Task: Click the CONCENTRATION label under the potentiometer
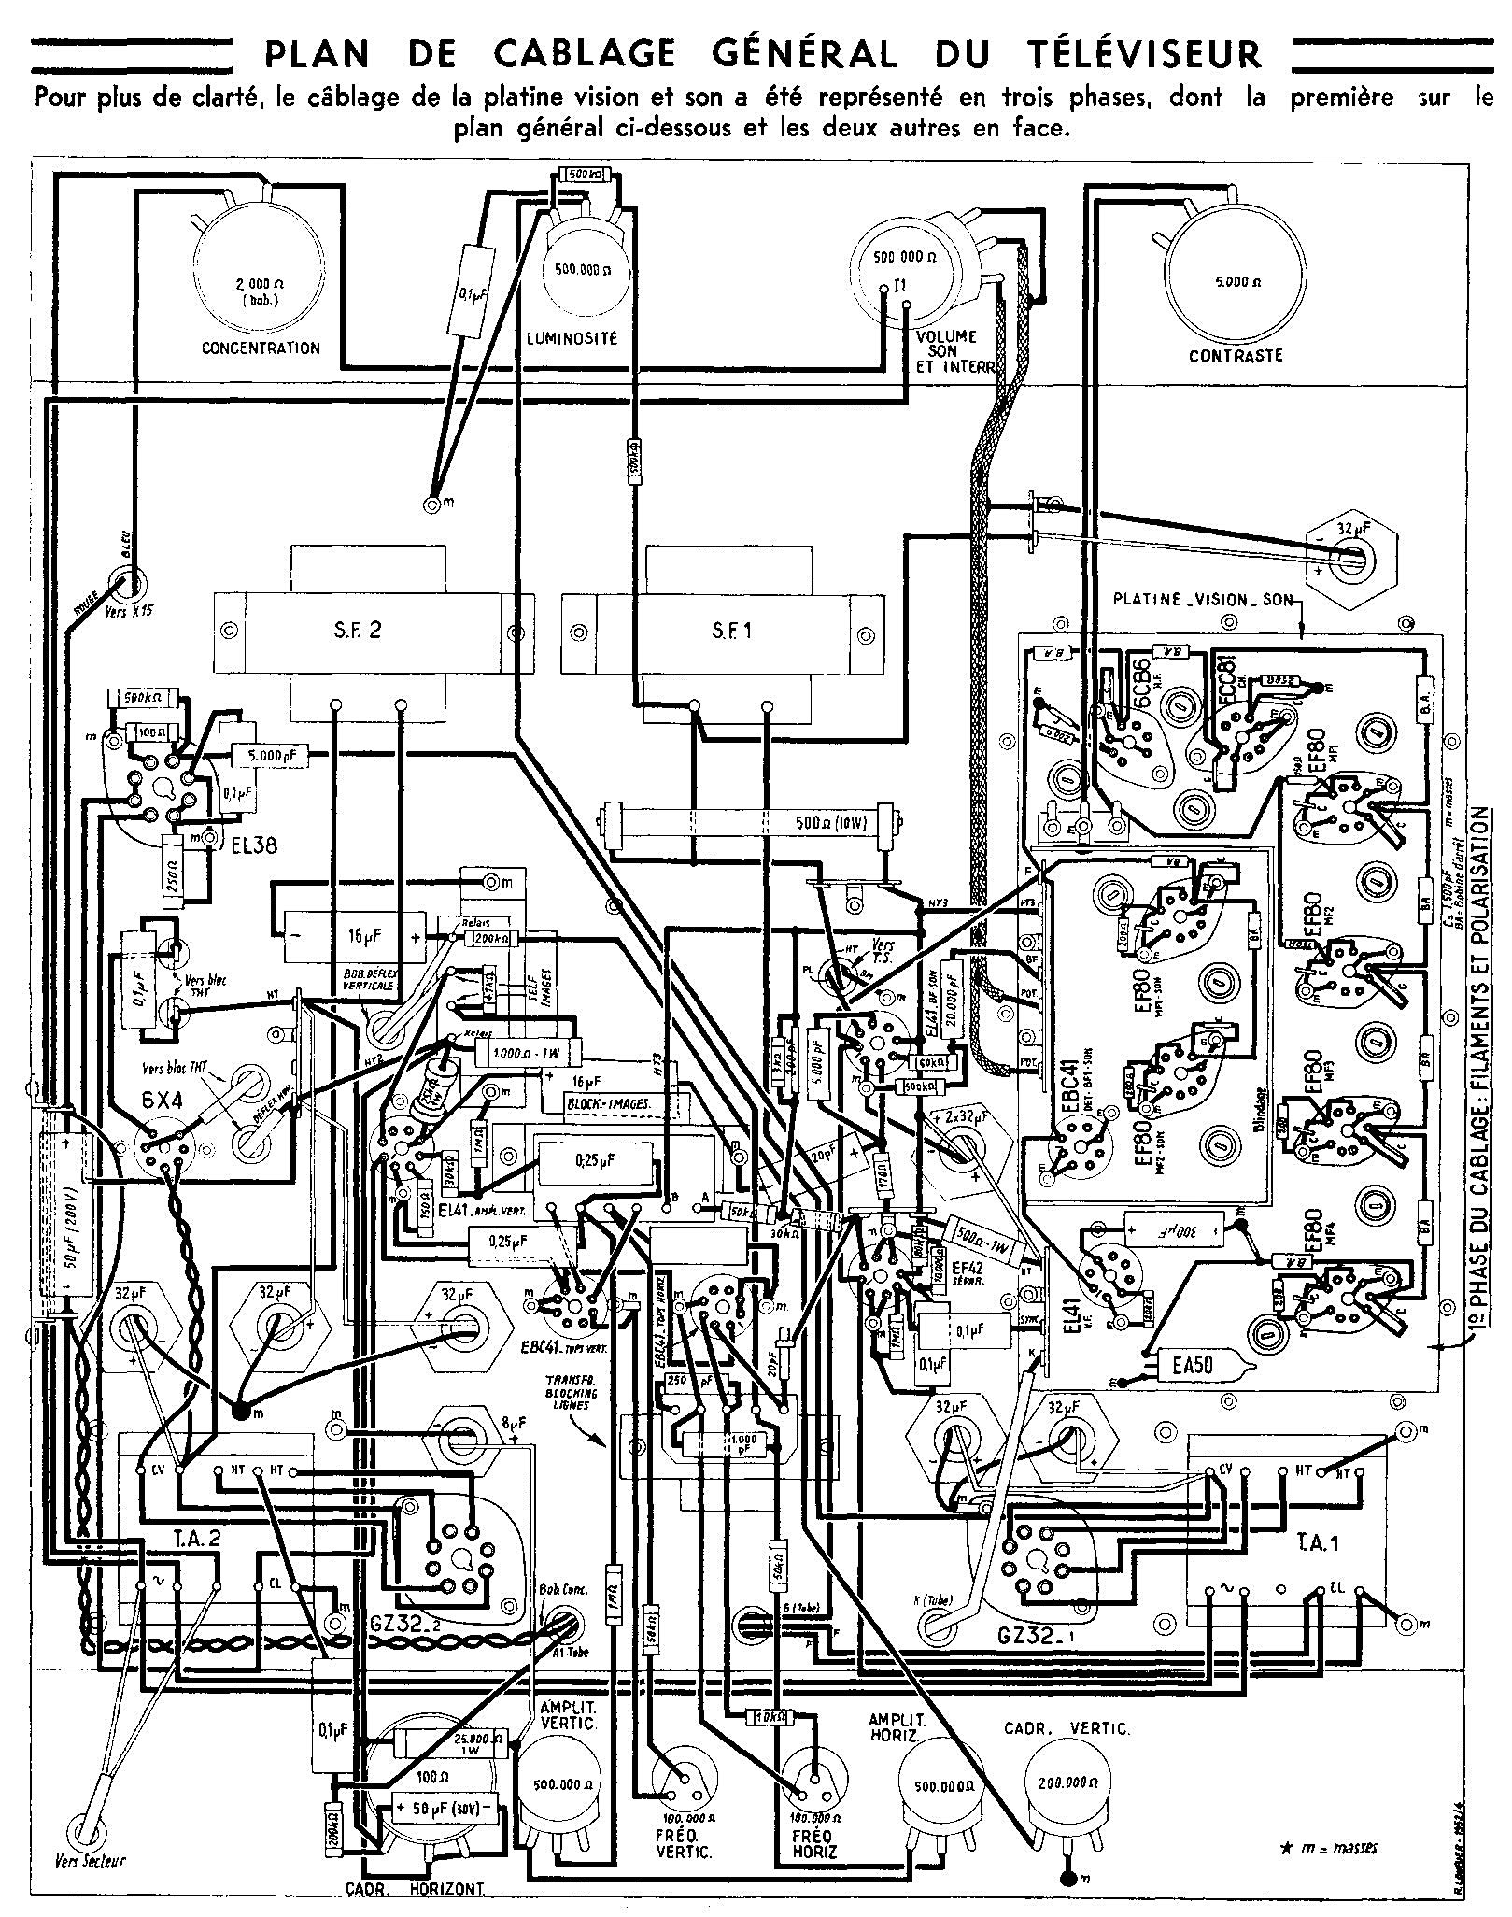[x=261, y=348]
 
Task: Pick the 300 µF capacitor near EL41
[x=1172, y=1228]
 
